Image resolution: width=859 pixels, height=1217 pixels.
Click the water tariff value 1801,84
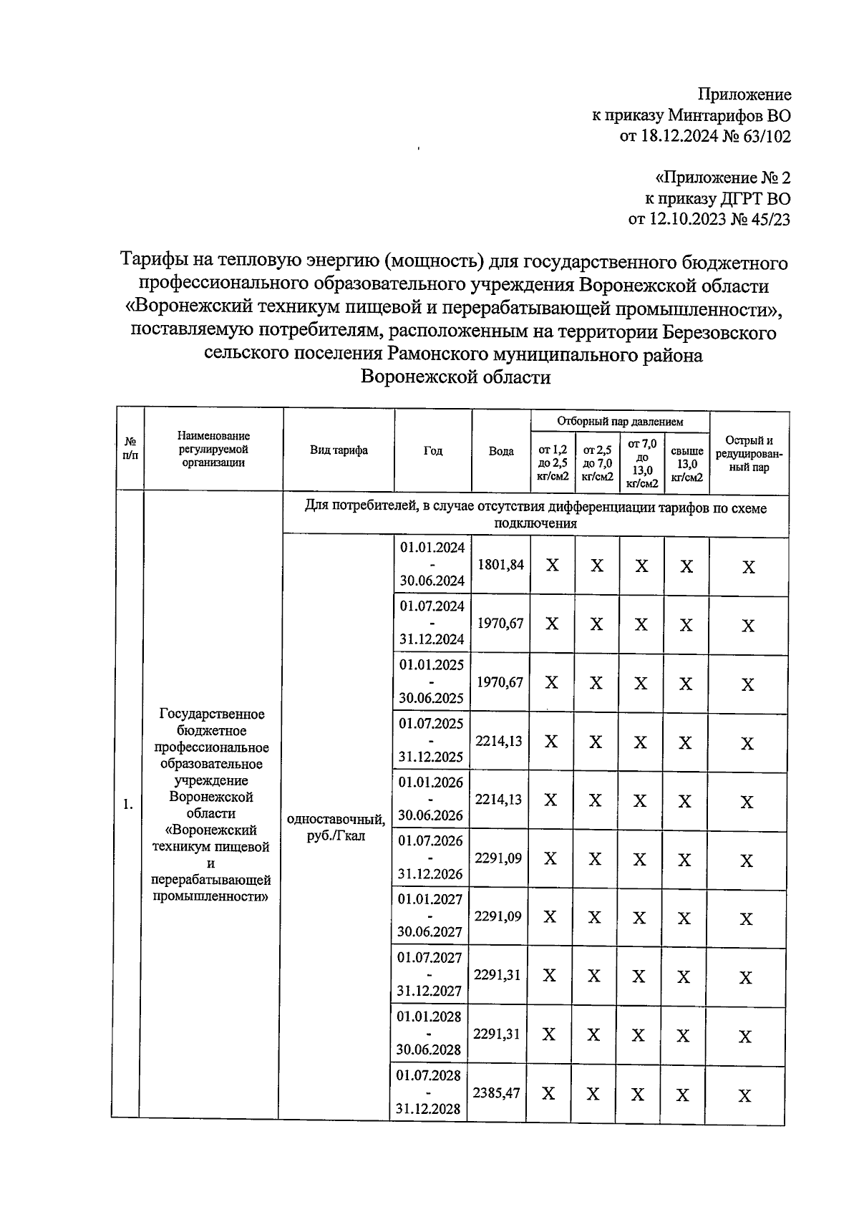[501, 565]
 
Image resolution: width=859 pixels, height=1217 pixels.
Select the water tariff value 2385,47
[497, 1093]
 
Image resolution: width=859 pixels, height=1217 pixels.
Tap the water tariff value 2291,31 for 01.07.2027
[498, 975]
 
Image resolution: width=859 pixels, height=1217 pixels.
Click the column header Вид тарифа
[339, 450]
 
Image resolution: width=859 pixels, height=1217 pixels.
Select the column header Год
[433, 451]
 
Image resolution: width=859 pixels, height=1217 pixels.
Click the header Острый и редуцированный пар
[749, 454]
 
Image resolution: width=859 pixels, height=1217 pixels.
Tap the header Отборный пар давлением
[620, 422]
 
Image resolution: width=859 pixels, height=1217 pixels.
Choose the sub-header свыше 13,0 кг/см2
[686, 465]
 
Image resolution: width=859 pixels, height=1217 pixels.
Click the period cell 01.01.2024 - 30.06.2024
[432, 564]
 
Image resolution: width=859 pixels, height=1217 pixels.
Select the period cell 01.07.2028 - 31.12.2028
[428, 1092]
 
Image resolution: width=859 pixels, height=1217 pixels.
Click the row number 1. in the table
[127, 805]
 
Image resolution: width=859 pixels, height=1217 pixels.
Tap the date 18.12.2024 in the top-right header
[683, 136]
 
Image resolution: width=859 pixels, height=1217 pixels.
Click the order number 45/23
[770, 219]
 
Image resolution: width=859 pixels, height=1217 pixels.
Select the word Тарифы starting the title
[155, 262]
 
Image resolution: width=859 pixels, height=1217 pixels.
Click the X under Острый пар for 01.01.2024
[748, 568]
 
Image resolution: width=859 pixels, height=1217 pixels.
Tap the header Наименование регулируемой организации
[214, 449]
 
